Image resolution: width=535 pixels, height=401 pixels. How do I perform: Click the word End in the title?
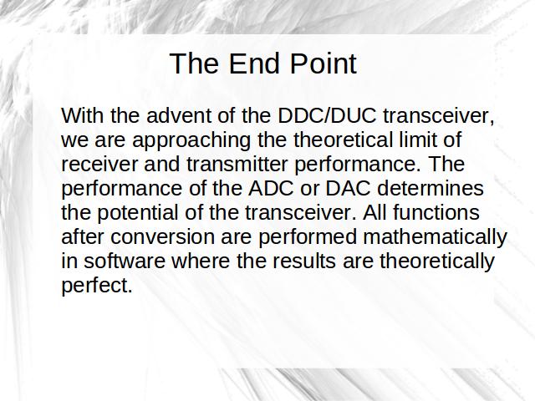click(256, 63)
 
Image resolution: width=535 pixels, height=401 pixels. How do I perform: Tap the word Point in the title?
click(324, 63)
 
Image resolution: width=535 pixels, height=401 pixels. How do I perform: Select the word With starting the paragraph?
click(82, 115)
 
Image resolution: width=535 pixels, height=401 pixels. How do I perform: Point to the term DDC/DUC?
click(327, 115)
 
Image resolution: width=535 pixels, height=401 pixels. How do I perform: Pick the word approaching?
click(191, 140)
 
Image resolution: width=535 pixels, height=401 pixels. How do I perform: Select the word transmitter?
click(237, 164)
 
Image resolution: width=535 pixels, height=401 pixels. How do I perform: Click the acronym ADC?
click(271, 188)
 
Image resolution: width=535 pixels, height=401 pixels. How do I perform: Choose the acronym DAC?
click(348, 188)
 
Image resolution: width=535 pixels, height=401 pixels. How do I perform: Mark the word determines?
click(431, 188)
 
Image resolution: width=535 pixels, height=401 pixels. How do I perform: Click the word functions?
click(436, 212)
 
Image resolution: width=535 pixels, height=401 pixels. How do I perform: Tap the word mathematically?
click(435, 237)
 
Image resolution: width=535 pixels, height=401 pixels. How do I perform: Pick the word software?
click(125, 261)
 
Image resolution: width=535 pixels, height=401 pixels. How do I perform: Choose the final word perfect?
click(97, 286)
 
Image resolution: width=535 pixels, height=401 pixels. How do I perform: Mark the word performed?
click(307, 237)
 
